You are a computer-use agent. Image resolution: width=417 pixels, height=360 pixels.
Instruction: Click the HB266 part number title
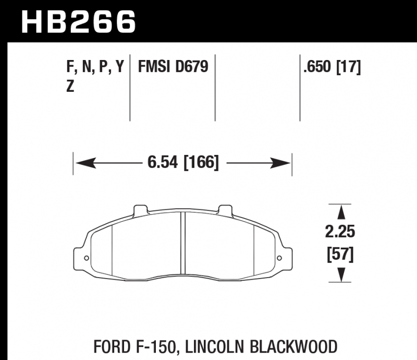click(x=79, y=22)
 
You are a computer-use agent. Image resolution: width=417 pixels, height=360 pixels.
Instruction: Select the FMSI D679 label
click(x=173, y=67)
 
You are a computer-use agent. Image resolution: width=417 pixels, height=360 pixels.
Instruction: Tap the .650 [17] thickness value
click(x=332, y=67)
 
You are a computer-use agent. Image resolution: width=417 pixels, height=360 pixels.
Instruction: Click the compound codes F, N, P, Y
click(x=95, y=67)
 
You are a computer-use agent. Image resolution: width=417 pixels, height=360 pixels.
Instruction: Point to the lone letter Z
click(x=70, y=86)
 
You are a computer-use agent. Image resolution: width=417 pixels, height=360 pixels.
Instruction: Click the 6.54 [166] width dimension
click(x=183, y=162)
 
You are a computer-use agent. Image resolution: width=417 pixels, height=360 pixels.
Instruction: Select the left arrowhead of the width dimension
click(x=86, y=163)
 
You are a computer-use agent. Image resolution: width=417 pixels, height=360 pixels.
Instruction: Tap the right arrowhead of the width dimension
click(x=280, y=163)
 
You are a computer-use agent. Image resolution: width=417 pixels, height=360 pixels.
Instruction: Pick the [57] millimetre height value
click(x=340, y=254)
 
